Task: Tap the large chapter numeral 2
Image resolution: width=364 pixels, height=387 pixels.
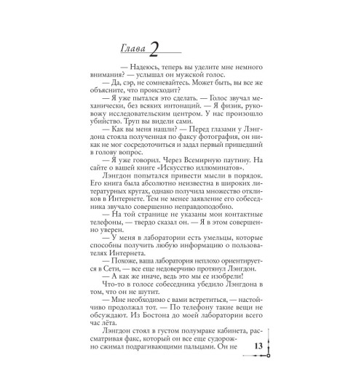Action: coord(154,44)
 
